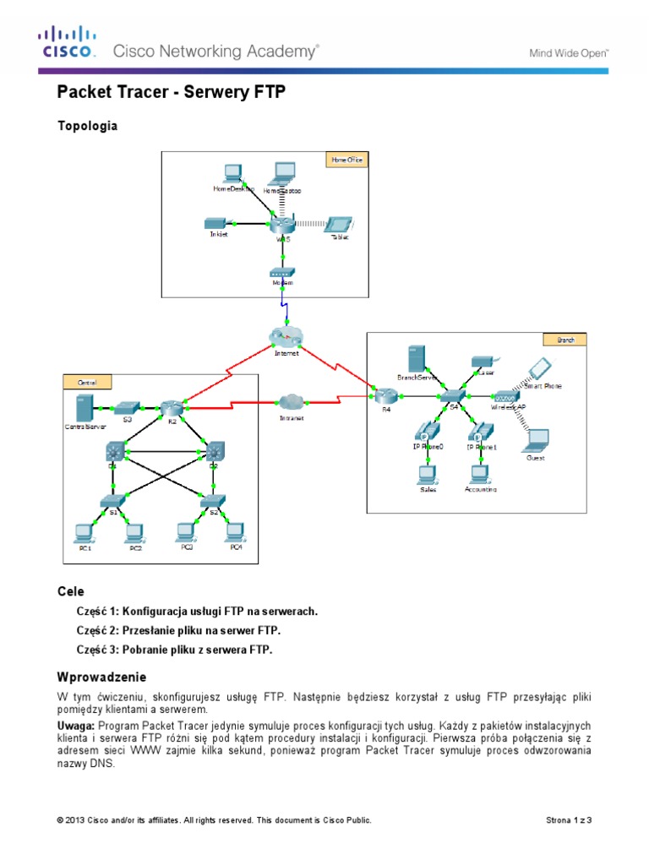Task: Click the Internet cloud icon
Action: (x=286, y=335)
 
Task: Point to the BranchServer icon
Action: (x=415, y=357)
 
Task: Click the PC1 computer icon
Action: (x=84, y=533)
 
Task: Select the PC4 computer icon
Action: (x=236, y=532)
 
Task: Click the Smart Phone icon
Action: (x=540, y=368)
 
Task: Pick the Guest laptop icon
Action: (x=535, y=440)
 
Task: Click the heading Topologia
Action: (x=87, y=126)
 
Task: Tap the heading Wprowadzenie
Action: (x=101, y=677)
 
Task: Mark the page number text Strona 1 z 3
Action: (x=570, y=819)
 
